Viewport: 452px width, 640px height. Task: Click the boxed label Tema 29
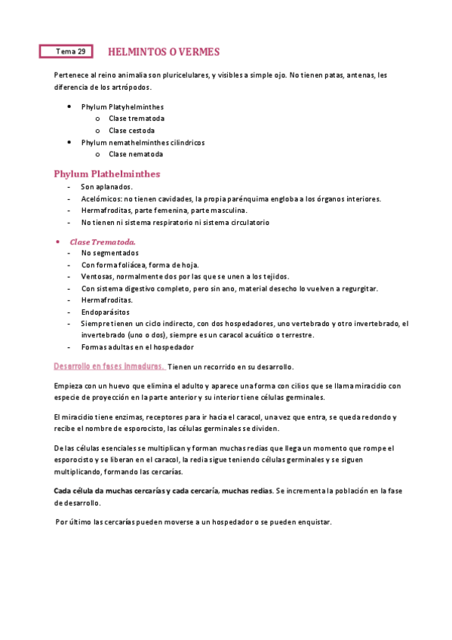coord(66,52)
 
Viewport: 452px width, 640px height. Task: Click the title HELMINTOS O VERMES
coord(164,52)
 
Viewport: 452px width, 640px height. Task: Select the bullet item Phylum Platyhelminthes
coord(122,106)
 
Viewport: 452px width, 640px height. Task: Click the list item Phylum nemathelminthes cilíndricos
coord(143,142)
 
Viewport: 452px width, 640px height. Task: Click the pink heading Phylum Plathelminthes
coord(107,174)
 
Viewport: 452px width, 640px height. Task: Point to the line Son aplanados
coord(106,186)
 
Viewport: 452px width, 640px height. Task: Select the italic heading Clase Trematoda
coord(103,242)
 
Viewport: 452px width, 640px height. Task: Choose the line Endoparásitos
coord(105,312)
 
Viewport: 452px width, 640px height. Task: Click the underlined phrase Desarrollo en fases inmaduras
coord(109,366)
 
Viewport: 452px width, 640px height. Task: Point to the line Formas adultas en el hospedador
coord(137,347)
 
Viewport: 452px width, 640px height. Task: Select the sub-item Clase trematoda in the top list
coord(137,118)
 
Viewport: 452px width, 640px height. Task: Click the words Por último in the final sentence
coord(72,522)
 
